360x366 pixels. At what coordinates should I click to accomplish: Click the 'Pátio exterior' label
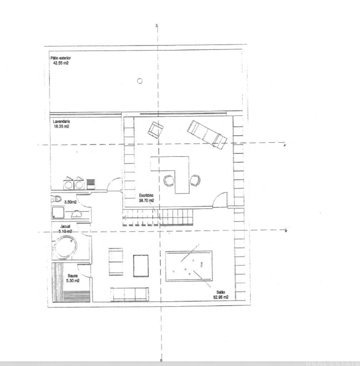pyautogui.click(x=61, y=58)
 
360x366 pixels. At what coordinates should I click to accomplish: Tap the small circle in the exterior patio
pyautogui.click(x=140, y=81)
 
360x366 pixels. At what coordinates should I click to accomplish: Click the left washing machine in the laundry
pyautogui.click(x=68, y=184)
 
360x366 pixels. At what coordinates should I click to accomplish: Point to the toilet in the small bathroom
pyautogui.click(x=56, y=198)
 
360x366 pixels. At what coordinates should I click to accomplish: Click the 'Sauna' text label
pyautogui.click(x=72, y=276)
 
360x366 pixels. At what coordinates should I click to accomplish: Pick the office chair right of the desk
pyautogui.click(x=195, y=181)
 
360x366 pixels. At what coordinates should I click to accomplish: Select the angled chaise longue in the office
pyautogui.click(x=208, y=134)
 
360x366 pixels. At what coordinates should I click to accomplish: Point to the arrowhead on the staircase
pyautogui.click(x=125, y=219)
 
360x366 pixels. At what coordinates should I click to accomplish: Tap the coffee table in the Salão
pyautogui.click(x=140, y=265)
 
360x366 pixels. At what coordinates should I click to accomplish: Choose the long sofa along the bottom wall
pyautogui.click(x=129, y=294)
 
